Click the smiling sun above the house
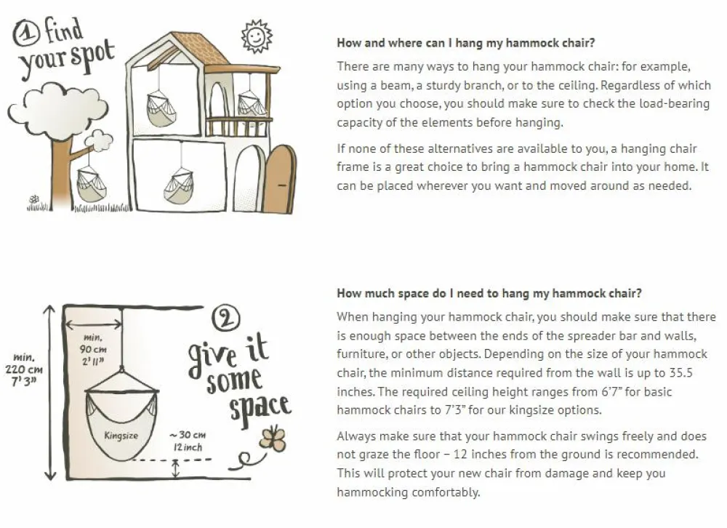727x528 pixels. pyautogui.click(x=257, y=36)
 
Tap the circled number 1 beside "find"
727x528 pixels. pyautogui.click(x=26, y=33)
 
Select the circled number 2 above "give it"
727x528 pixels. pyautogui.click(x=226, y=319)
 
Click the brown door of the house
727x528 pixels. pyautogui.click(x=280, y=179)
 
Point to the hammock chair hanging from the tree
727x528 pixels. pyautogui.click(x=91, y=183)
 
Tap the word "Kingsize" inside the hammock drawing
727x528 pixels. pyautogui.click(x=121, y=435)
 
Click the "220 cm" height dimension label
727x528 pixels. pyautogui.click(x=24, y=369)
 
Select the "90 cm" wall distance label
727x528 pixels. pyautogui.click(x=93, y=349)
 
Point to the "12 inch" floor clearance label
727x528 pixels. pyautogui.click(x=188, y=447)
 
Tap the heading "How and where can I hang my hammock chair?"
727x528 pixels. pyautogui.click(x=465, y=43)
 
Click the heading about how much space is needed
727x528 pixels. pyautogui.click(x=489, y=293)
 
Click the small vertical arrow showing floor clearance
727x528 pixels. pyautogui.click(x=175, y=468)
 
